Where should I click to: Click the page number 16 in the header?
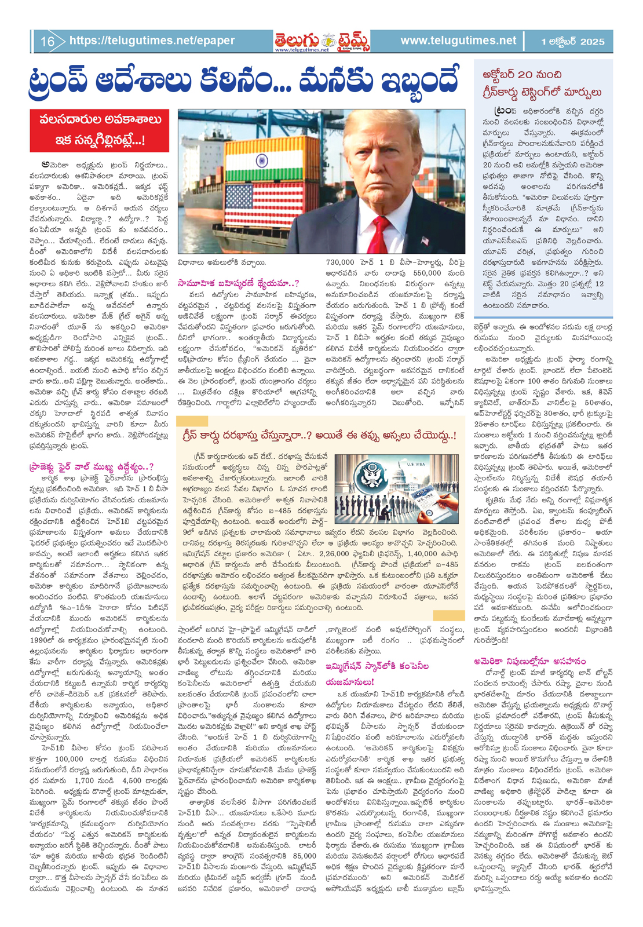pos(48,42)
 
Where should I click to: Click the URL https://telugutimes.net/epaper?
pos(152,41)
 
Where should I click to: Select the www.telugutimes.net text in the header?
pos(458,41)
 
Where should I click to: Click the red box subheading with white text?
pos(100,130)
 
